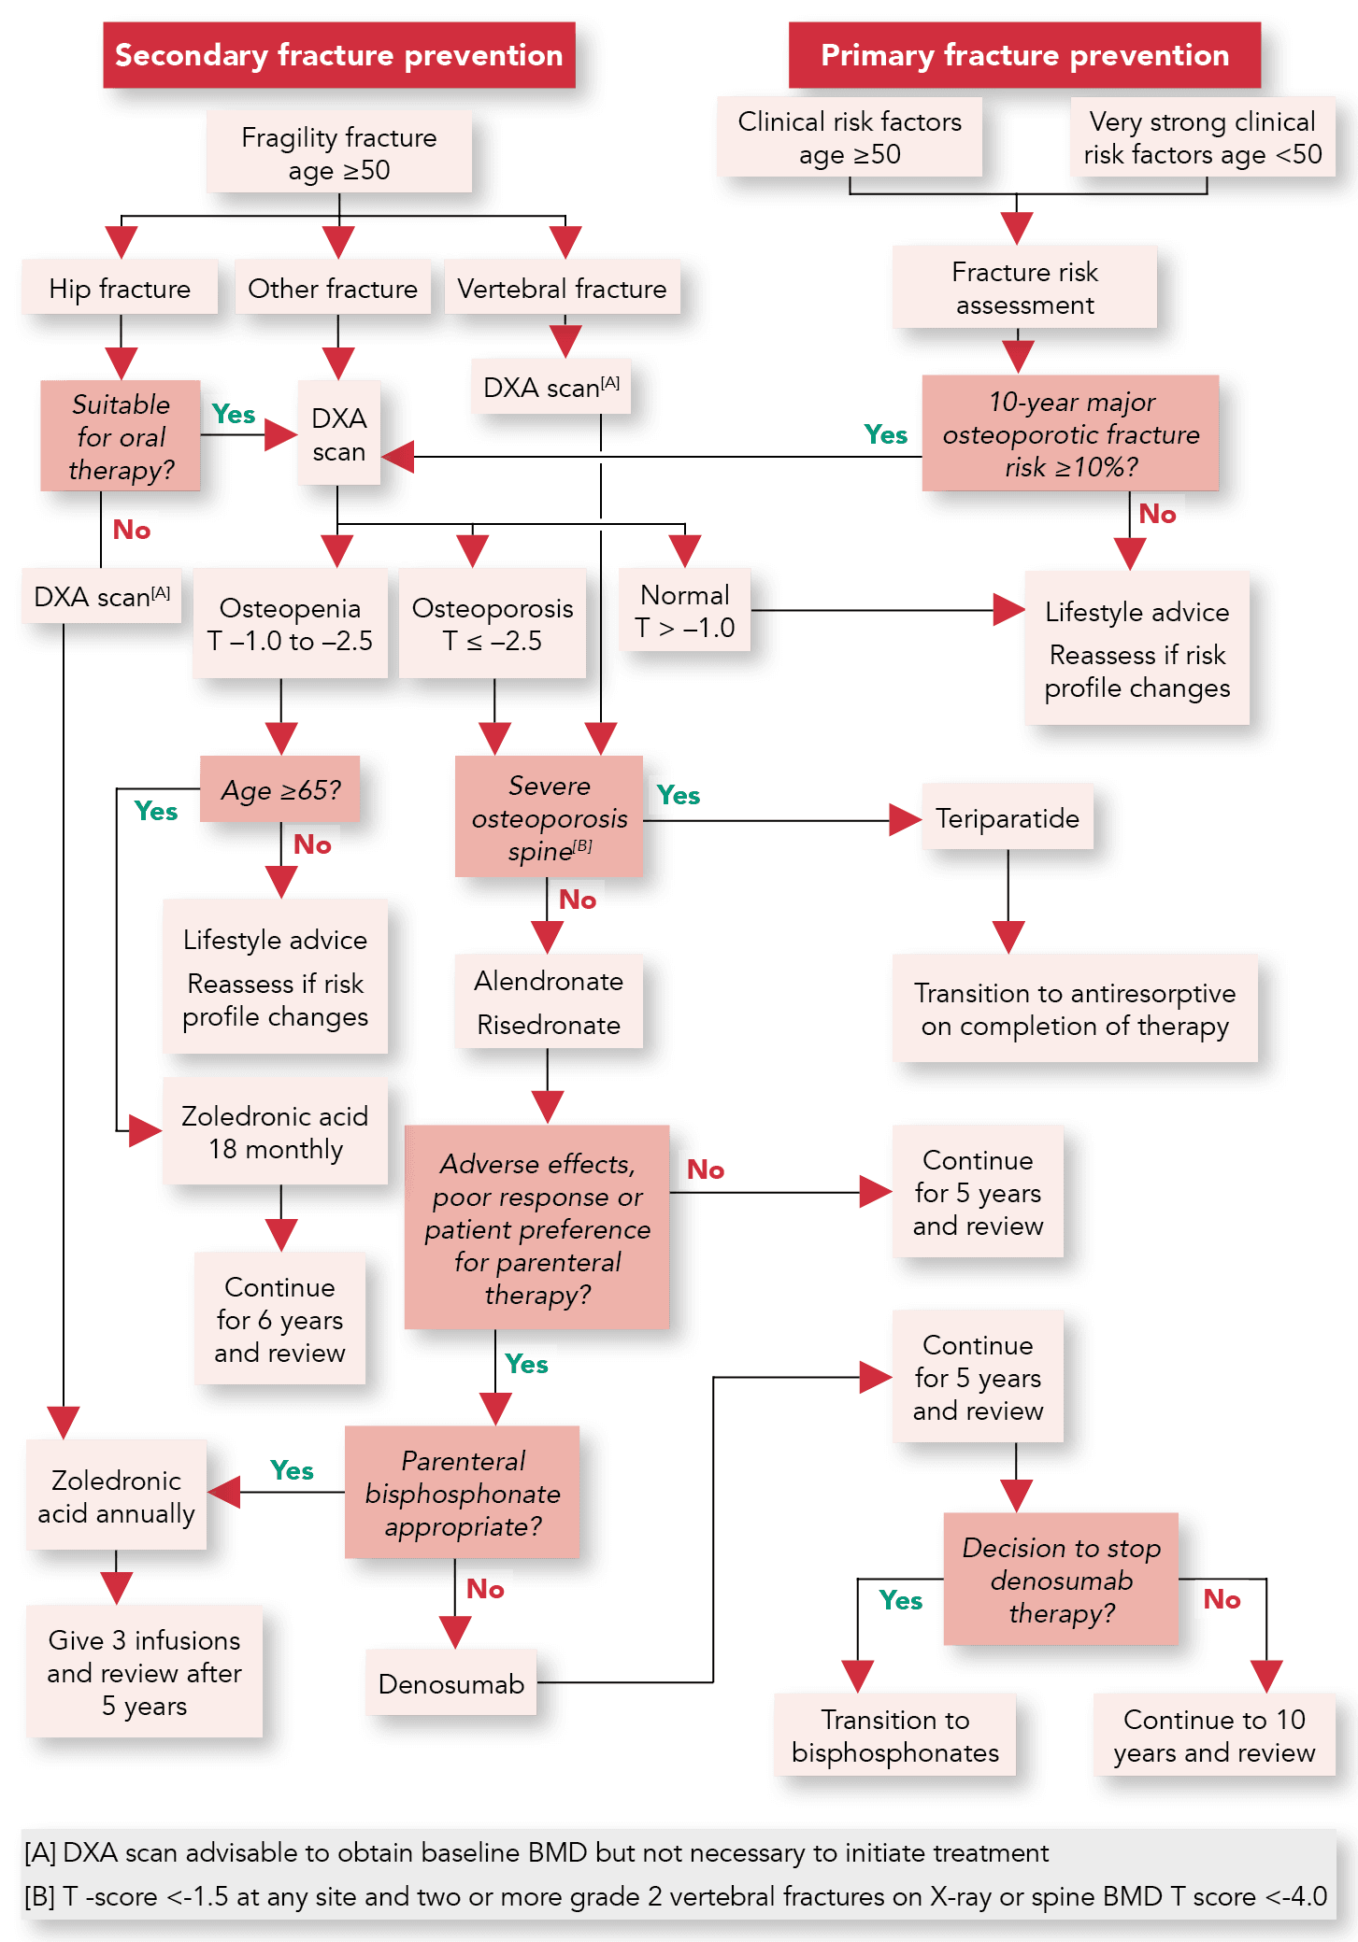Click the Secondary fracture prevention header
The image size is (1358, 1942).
[x=338, y=55]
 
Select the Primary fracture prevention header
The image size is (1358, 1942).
[x=1024, y=55]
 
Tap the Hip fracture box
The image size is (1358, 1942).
[x=120, y=288]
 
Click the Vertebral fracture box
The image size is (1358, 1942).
[x=562, y=288]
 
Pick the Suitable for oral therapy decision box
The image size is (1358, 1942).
[x=121, y=436]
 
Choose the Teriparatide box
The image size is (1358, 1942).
[x=1008, y=817]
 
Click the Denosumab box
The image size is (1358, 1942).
[x=451, y=1683]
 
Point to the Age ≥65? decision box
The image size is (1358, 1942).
[x=280, y=789]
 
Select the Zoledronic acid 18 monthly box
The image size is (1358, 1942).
[x=276, y=1132]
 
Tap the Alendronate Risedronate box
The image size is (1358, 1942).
[x=549, y=1002]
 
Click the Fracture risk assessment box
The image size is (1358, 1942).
[x=1024, y=288]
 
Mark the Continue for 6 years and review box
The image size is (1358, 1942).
[x=279, y=1319]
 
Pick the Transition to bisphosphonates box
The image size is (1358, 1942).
[x=894, y=1736]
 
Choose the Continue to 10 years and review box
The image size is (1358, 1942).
[x=1214, y=1736]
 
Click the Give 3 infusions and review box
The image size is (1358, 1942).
[x=144, y=1672]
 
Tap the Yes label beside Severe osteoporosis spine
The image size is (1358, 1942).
[x=678, y=795]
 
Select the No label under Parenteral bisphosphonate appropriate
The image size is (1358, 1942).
[x=485, y=1589]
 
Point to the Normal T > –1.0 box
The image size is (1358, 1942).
[x=685, y=611]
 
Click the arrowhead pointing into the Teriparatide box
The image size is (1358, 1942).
[x=906, y=820]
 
